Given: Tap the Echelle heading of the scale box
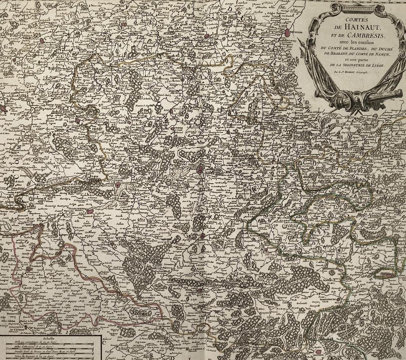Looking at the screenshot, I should point(49,339).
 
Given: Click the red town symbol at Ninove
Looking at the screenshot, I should point(206,36).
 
